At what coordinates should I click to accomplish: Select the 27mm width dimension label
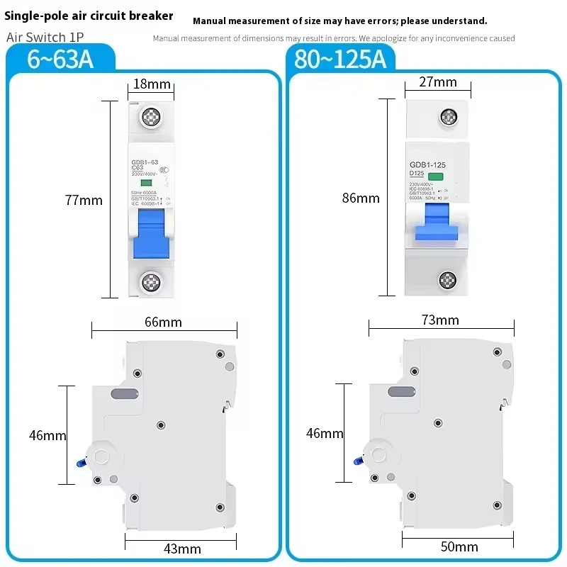pyautogui.click(x=438, y=82)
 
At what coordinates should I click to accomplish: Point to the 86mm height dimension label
pyautogui.click(x=361, y=198)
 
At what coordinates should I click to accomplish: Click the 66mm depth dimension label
pyautogui.click(x=164, y=322)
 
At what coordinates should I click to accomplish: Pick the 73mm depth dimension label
pyautogui.click(x=440, y=320)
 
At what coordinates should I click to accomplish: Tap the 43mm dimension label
pyautogui.click(x=182, y=549)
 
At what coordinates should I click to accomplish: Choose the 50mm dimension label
pyautogui.click(x=459, y=546)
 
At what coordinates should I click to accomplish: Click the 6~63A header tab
pyautogui.click(x=60, y=60)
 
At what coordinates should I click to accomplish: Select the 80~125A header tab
pyautogui.click(x=340, y=60)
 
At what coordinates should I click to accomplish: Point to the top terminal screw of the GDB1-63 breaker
pyautogui.click(x=151, y=117)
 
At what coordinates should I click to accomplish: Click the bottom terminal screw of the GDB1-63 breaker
pyautogui.click(x=151, y=282)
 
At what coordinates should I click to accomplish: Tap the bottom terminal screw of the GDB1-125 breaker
pyautogui.click(x=447, y=281)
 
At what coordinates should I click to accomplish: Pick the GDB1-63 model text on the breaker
pyautogui.click(x=144, y=163)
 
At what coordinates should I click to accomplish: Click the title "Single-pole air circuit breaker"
pyautogui.click(x=89, y=16)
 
